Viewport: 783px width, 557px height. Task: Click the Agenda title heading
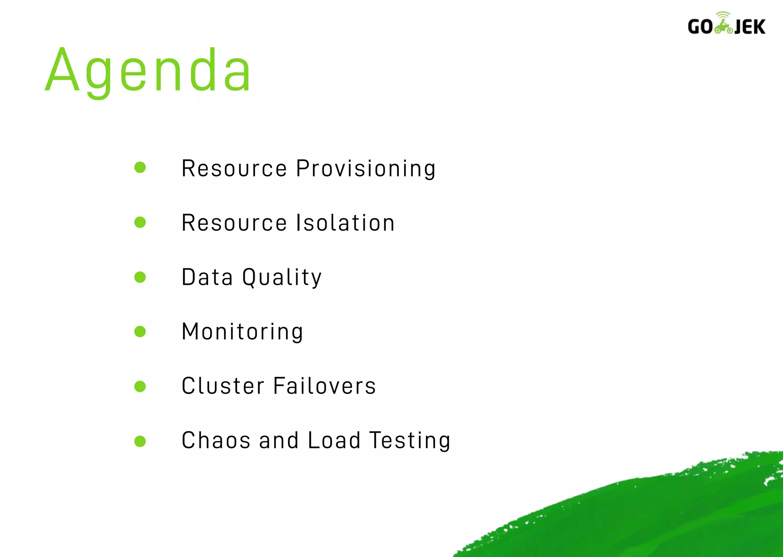click(148, 71)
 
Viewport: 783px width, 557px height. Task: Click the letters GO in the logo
click(700, 27)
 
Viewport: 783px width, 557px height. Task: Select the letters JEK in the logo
click(750, 27)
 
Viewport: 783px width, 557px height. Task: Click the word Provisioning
click(366, 169)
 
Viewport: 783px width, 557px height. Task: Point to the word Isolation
click(346, 223)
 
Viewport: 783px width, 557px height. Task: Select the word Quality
click(282, 278)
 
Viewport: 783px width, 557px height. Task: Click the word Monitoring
click(242, 332)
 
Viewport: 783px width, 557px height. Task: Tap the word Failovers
click(325, 386)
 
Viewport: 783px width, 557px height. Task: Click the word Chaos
click(216, 440)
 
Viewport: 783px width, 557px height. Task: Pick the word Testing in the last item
click(410, 440)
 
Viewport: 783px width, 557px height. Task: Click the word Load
click(334, 440)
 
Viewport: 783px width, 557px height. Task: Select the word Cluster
click(223, 386)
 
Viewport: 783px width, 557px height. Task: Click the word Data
click(207, 278)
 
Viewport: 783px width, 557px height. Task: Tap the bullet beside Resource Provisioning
click(140, 167)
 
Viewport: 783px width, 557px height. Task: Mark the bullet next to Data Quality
click(140, 277)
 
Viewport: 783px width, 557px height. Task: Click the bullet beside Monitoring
click(140, 331)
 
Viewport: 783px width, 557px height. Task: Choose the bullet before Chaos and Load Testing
click(140, 442)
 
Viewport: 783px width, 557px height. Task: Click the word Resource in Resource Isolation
click(234, 223)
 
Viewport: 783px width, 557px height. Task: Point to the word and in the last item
click(279, 440)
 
